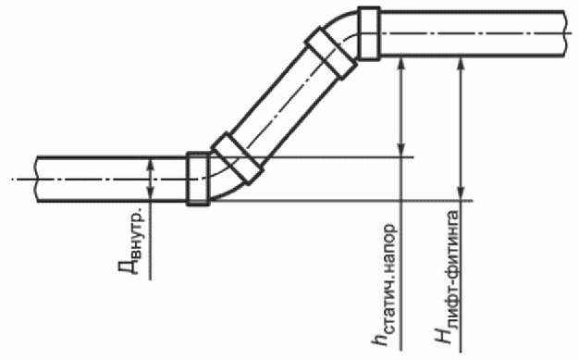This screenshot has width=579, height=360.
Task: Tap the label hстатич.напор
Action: pos(386,285)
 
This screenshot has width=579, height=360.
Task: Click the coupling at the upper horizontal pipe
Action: pos(369,33)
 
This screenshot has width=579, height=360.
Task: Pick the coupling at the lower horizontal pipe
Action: pos(198,179)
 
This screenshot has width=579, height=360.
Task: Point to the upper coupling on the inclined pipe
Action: pos(331,54)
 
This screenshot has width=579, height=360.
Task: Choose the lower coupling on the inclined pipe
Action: pos(238,158)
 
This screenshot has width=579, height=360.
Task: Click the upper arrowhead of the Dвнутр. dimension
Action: pos(150,165)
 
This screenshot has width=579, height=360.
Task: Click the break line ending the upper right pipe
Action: pos(566,33)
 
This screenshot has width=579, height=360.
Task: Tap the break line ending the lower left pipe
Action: pos(37,179)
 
